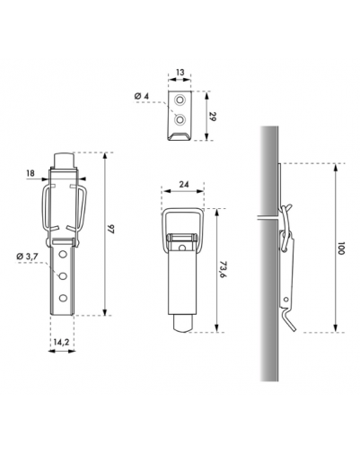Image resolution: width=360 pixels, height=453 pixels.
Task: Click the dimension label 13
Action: [x=180, y=73]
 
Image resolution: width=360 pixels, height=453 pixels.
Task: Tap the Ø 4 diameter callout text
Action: [x=142, y=97]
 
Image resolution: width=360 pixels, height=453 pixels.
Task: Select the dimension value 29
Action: [x=212, y=117]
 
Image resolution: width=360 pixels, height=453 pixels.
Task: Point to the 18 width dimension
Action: [x=31, y=173]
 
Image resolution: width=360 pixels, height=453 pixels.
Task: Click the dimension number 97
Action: [x=111, y=230]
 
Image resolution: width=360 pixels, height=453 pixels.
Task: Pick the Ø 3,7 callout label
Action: [x=28, y=257]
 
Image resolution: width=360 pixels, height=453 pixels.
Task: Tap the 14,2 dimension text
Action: [x=61, y=342]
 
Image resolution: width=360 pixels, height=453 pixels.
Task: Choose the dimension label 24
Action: [x=184, y=184]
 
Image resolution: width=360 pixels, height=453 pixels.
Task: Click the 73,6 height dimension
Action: [x=222, y=269]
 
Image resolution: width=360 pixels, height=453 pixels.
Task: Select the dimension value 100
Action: [x=341, y=248]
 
